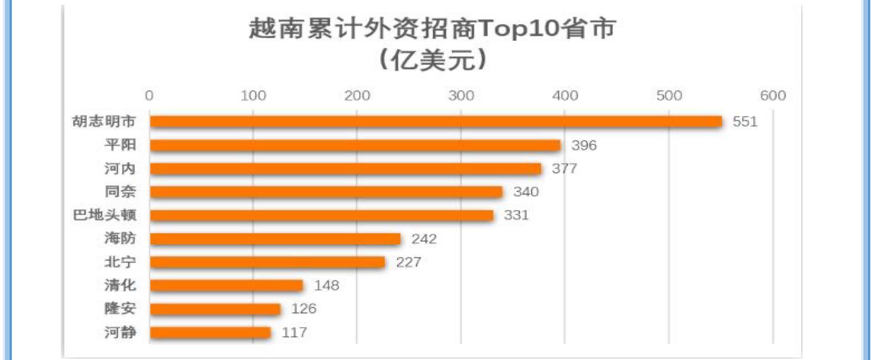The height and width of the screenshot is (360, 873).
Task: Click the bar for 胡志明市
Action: coord(436,122)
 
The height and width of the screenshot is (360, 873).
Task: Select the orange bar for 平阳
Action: coord(355,145)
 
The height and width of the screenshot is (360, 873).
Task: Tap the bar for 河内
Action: coord(345,169)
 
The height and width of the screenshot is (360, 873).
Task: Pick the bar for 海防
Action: coord(275,239)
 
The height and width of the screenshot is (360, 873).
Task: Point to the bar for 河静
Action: coord(210,333)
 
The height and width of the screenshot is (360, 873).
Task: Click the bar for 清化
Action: coord(227,285)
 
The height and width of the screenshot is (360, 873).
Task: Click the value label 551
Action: coord(745,122)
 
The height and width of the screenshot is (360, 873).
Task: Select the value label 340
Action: coord(526,192)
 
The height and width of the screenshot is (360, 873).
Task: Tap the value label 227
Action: coord(408,262)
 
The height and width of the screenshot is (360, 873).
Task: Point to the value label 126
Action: coord(304,309)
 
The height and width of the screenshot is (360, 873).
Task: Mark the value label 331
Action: coord(516,215)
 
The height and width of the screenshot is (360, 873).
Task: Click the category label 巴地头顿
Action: coord(104,215)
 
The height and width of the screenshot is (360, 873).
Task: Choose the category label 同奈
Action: coord(120,192)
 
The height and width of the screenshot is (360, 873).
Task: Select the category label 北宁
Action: coord(120,262)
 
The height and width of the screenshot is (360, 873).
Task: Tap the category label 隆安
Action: coord(120,309)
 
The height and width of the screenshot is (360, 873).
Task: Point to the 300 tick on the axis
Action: coord(461,96)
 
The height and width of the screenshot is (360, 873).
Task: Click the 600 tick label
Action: coord(773,96)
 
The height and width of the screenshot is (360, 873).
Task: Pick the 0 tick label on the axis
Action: coord(149,96)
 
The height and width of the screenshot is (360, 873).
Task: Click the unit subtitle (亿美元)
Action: coord(433,60)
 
